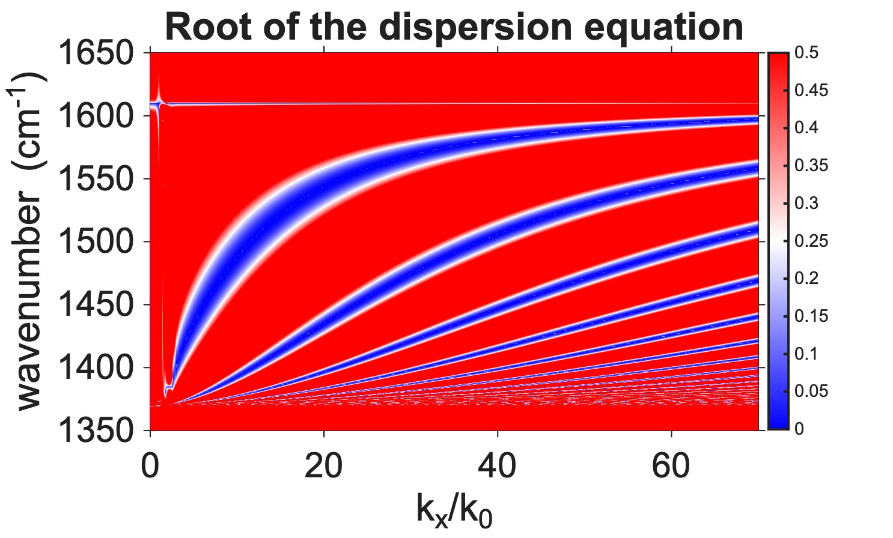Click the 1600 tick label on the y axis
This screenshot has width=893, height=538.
(95, 116)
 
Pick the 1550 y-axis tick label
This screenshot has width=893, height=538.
(95, 180)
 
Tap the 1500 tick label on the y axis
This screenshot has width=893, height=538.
(95, 243)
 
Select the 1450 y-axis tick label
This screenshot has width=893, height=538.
(95, 306)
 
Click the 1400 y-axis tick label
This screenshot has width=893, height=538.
(95, 368)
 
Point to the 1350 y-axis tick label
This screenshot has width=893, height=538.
(95, 431)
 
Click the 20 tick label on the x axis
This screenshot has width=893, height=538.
(324, 466)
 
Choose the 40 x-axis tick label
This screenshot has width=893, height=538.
(498, 466)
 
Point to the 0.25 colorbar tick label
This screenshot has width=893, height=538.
(811, 241)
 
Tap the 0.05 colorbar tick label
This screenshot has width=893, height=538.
(811, 391)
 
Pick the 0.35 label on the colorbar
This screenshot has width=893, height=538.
(811, 166)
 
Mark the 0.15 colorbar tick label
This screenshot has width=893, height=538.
(811, 316)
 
